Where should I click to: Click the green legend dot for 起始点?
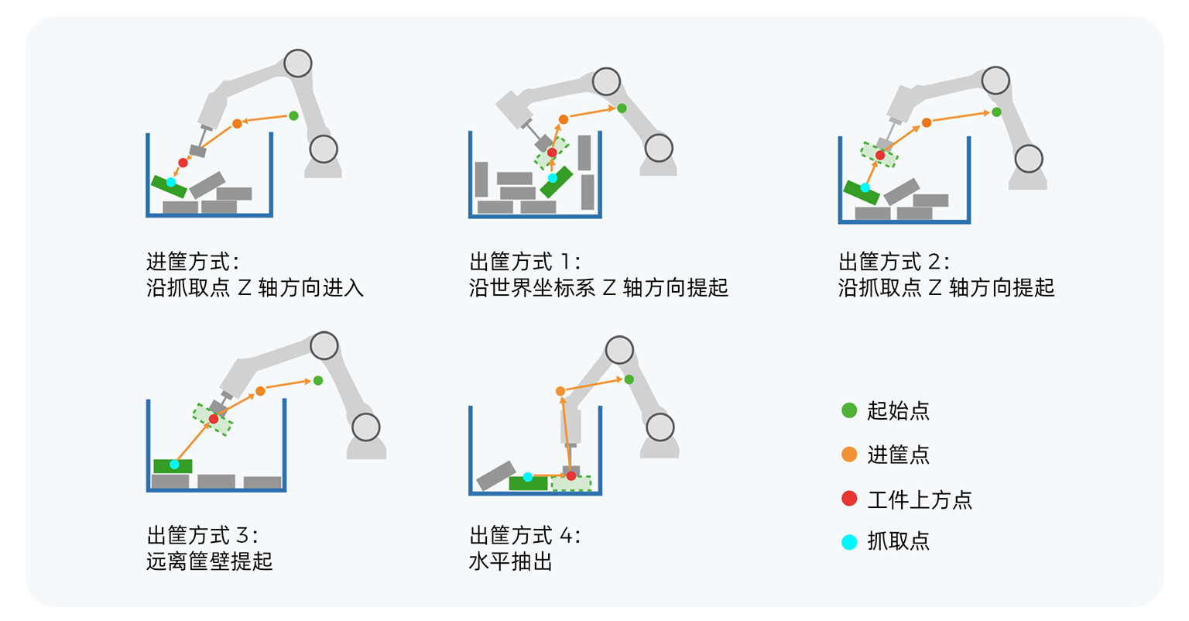coord(849,410)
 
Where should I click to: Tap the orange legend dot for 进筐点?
coord(849,455)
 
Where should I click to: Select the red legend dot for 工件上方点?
coord(849,499)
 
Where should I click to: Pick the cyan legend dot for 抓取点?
coord(849,542)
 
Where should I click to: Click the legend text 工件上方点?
coord(919,499)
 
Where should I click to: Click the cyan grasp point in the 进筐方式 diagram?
coord(171,183)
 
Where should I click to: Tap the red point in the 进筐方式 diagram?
coord(183,163)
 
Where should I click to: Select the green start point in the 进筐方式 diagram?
coord(293,116)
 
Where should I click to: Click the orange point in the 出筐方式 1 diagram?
coord(564,119)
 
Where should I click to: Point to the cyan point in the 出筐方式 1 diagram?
coord(553,178)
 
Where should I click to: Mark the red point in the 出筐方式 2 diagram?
coord(880,156)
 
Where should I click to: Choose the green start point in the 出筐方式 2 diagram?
coord(996,112)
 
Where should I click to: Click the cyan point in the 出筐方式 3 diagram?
coord(175,465)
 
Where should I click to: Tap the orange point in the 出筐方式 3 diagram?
coord(260,391)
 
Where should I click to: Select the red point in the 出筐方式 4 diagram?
coord(571,476)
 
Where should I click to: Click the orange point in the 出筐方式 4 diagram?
coord(560,391)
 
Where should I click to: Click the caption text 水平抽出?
coord(510,561)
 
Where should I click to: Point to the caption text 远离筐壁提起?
coord(209,561)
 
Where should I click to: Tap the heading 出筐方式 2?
coord(894,262)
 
